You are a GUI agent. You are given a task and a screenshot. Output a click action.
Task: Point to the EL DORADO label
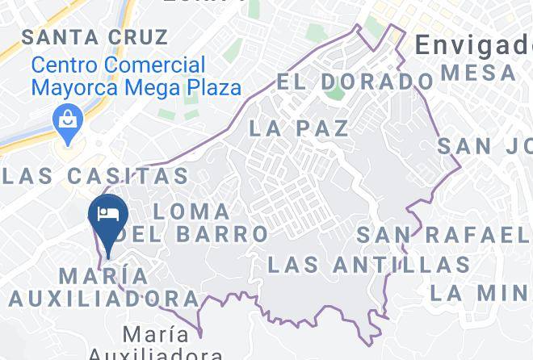pyautogui.click(x=355, y=82)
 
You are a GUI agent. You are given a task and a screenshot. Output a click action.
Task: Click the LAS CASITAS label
pyautogui.click(x=94, y=174)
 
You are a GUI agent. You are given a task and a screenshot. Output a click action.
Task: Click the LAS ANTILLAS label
pyautogui.click(x=368, y=264)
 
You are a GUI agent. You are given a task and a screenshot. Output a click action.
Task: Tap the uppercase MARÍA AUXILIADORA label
pyautogui.click(x=104, y=287)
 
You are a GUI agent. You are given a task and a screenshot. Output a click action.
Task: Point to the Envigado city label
pyautogui.click(x=473, y=46)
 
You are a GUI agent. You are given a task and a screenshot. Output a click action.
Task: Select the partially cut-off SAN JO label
pyautogui.click(x=485, y=146)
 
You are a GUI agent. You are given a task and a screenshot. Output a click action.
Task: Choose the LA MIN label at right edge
pyautogui.click(x=480, y=292)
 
